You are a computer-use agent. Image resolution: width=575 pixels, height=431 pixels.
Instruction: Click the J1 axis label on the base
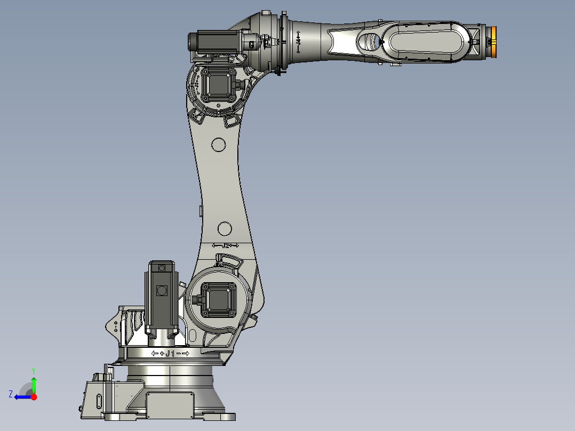(x=170, y=354)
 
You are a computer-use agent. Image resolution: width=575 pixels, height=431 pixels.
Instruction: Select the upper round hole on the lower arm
(x=218, y=144)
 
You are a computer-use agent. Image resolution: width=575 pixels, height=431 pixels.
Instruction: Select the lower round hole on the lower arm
(x=225, y=229)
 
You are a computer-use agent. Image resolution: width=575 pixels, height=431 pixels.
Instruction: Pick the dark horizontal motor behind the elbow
(x=213, y=42)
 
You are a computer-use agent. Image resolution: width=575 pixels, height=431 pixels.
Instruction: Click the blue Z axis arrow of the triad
(x=21, y=397)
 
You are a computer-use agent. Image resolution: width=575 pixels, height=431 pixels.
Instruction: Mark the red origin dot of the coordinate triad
(x=34, y=397)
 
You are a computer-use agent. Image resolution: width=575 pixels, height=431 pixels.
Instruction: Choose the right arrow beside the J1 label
(x=186, y=354)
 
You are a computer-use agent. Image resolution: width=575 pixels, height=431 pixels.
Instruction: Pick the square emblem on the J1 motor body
(x=161, y=290)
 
